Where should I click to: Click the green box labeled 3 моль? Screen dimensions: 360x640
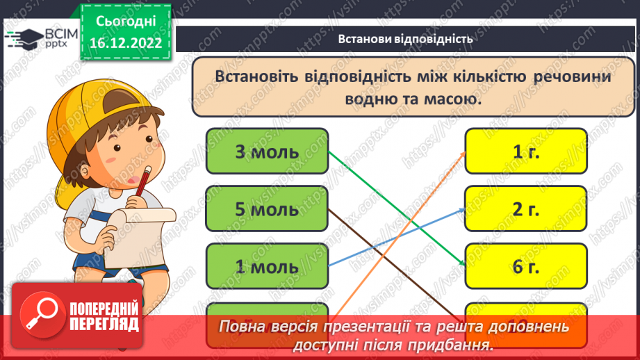coord(267,151)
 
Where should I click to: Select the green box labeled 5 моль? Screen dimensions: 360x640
coord(267,208)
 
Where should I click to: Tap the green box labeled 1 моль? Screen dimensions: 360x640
coord(267,266)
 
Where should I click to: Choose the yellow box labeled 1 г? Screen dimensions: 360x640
coord(526,151)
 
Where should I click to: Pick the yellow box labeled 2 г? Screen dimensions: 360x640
coord(526,208)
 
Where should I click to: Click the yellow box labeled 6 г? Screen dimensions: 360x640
coord(526,266)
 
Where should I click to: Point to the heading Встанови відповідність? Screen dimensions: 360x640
coord(406,39)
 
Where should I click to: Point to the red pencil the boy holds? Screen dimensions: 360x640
coord(142,182)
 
